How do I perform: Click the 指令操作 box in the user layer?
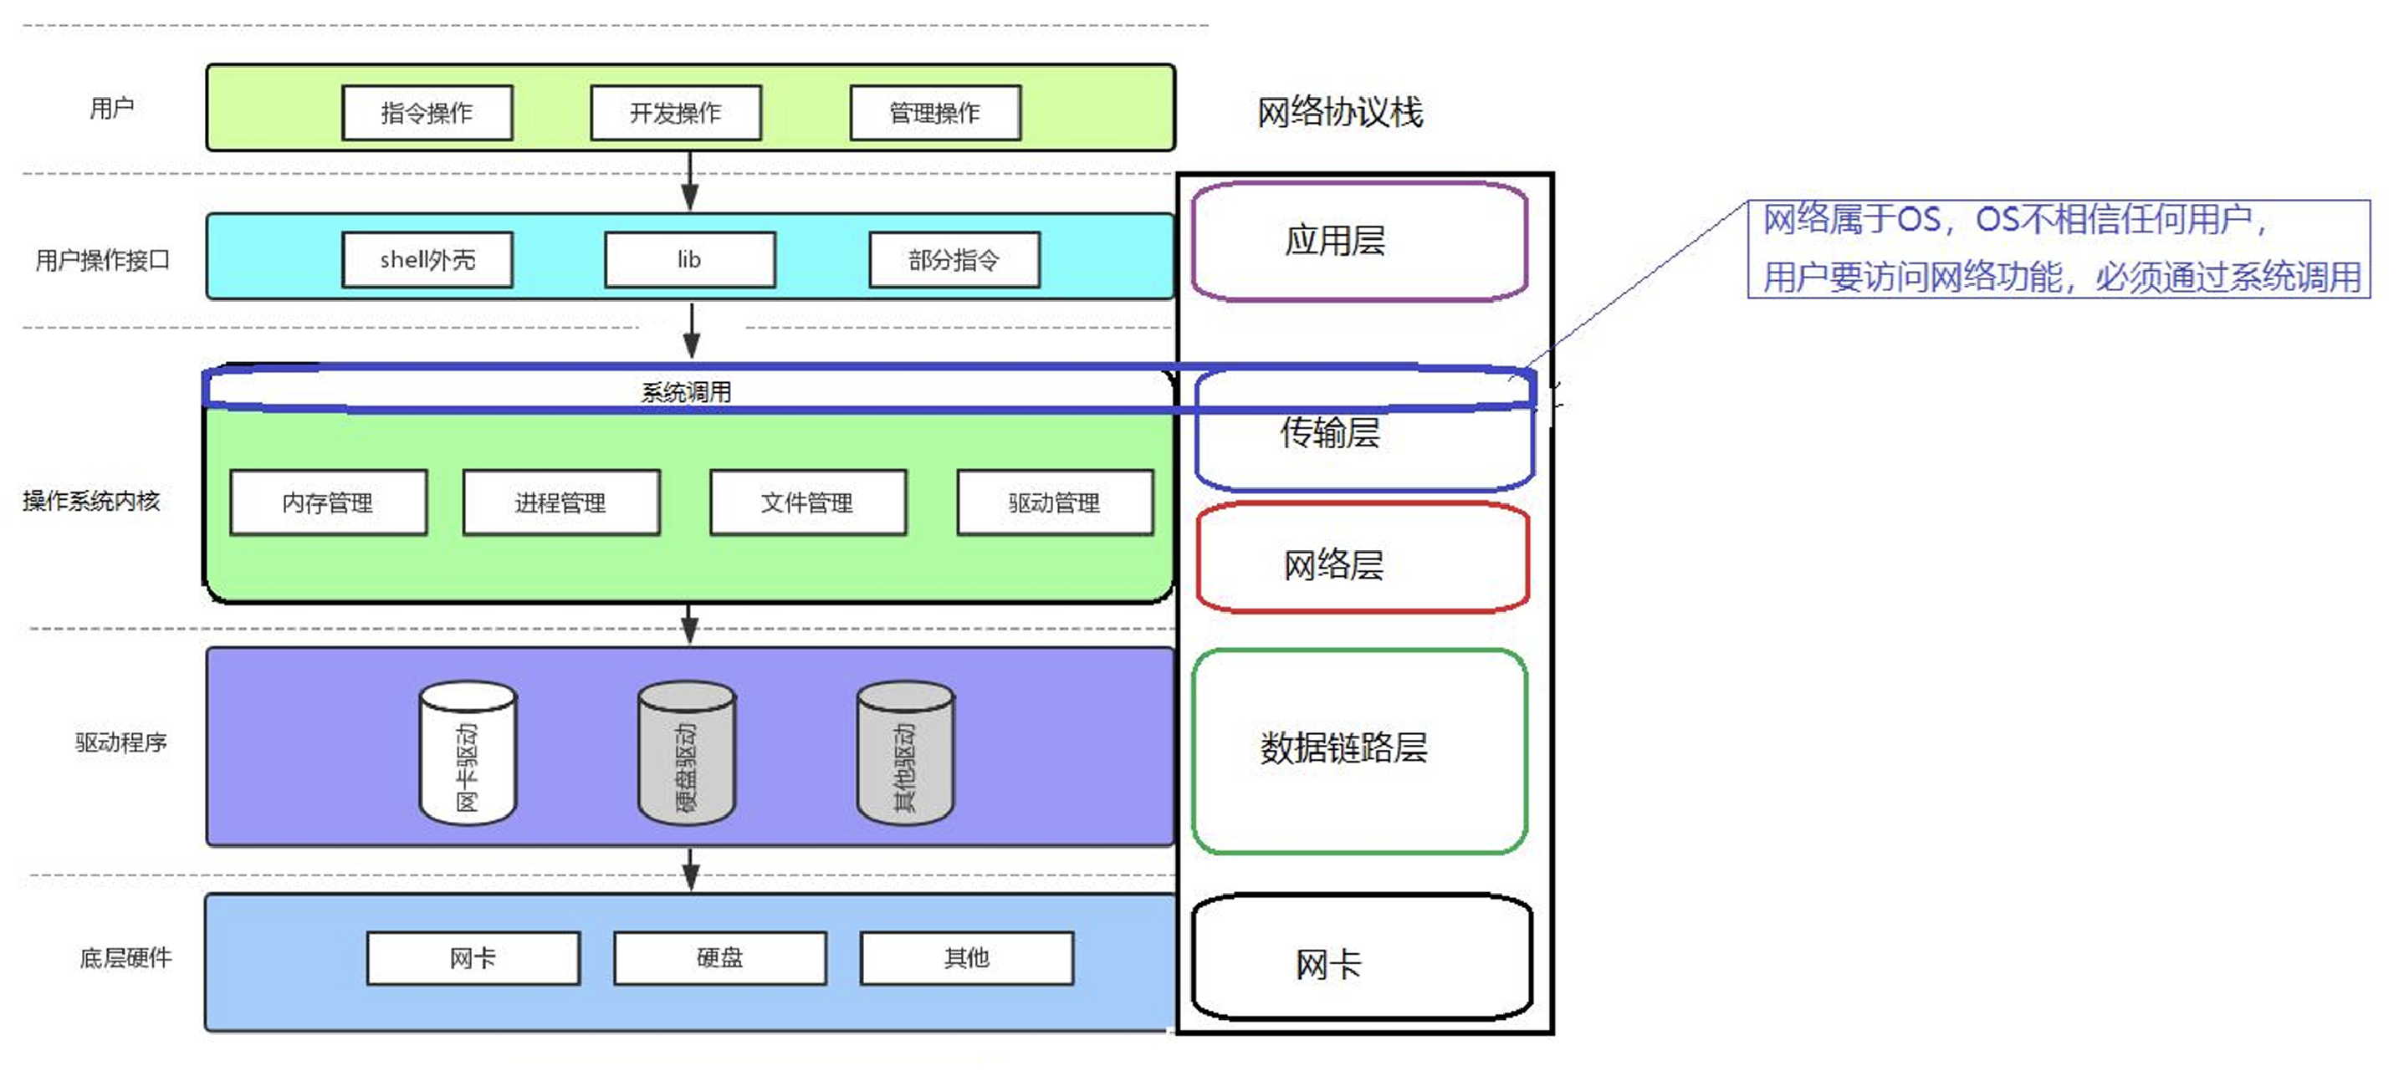pos(427,113)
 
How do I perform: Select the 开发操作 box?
pos(675,113)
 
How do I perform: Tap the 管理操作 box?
pos(934,113)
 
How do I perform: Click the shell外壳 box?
pos(427,259)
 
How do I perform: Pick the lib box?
pos(688,259)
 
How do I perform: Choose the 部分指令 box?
pos(953,259)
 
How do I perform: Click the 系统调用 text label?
pos(686,392)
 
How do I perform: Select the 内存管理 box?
pos(328,502)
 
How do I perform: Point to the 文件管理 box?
pos(806,502)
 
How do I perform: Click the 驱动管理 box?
pos(1054,502)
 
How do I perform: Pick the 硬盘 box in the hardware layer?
pos(719,958)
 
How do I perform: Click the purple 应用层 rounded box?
pos(1358,242)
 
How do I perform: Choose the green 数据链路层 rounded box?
pos(1358,751)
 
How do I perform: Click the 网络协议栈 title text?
pos(1339,113)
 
